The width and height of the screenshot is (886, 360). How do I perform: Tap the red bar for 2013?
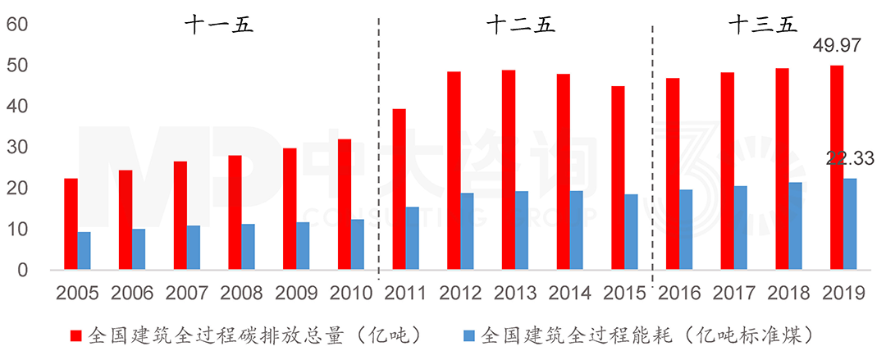[x=509, y=170]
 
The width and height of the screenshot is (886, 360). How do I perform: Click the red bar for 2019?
[x=837, y=167]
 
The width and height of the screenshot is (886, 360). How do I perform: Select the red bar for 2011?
[x=399, y=189]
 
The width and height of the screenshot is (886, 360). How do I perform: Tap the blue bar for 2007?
[x=194, y=248]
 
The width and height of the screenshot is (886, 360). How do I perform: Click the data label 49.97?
[x=836, y=46]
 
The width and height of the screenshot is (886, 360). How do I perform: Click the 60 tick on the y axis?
[x=17, y=25]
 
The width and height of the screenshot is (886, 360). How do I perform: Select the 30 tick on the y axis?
[x=17, y=148]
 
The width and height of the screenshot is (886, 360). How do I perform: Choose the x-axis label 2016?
[x=678, y=293]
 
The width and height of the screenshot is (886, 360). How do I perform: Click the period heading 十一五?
[x=218, y=25]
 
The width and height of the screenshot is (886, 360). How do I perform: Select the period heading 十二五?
[x=521, y=25]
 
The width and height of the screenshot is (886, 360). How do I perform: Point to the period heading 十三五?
[x=762, y=25]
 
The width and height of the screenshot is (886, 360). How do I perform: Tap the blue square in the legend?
[x=469, y=335]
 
